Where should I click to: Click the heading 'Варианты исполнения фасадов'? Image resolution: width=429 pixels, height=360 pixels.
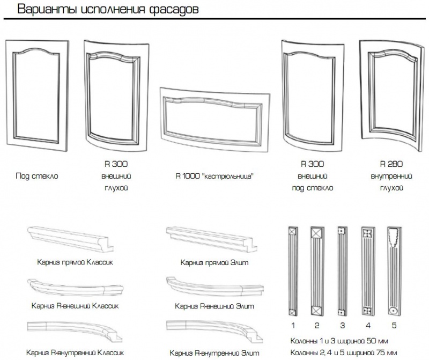point(108,9)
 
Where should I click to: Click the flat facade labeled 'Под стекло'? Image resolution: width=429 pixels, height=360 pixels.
point(10,96)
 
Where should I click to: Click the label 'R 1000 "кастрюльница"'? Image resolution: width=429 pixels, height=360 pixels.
point(215,176)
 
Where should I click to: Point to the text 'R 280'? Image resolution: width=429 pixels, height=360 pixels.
point(391,164)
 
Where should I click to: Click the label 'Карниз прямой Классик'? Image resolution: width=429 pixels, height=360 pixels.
point(75,262)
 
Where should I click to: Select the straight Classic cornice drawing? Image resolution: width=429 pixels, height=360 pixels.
point(70,238)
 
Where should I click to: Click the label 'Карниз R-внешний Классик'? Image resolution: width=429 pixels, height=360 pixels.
point(75,305)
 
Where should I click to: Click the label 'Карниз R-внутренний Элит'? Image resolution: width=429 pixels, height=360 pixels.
point(214,353)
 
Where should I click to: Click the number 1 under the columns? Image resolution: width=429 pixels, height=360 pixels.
point(293,326)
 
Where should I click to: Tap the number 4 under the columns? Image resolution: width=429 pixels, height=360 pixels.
point(368,326)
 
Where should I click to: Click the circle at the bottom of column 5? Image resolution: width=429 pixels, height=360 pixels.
point(393,311)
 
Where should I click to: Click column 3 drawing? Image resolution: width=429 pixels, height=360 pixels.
point(342,272)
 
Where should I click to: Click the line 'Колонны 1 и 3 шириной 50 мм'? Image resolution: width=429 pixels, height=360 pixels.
point(339,341)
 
